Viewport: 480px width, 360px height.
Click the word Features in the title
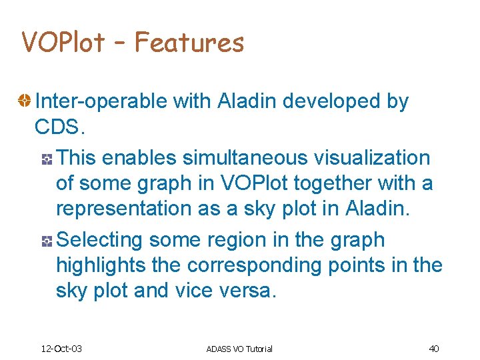(189, 43)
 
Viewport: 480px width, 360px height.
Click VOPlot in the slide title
(63, 43)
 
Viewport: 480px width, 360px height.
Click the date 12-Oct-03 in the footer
(61, 349)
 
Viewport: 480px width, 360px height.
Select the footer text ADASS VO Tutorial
(239, 349)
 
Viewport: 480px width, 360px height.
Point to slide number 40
(433, 349)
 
